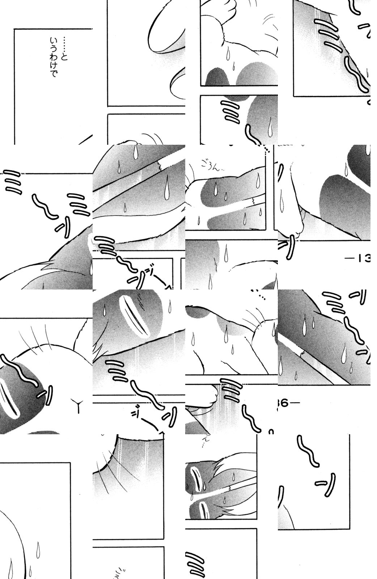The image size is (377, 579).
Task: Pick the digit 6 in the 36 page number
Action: pyautogui.click(x=285, y=403)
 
